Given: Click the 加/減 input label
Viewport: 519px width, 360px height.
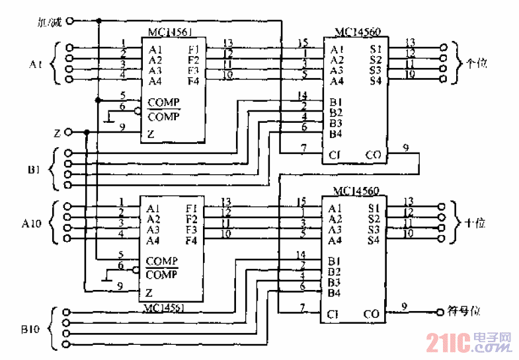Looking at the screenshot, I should tap(49, 22).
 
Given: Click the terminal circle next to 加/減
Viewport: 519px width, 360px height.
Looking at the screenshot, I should tap(69, 22).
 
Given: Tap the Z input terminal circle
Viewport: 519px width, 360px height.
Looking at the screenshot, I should tap(68, 133).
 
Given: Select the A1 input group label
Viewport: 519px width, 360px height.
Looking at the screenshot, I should tap(36, 65).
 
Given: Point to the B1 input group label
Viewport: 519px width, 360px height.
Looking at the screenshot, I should tap(36, 170).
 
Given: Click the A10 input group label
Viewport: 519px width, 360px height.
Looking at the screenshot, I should tap(33, 223).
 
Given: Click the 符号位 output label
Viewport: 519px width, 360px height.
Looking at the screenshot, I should tap(462, 310).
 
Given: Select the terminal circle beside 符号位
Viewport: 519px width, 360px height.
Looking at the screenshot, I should tap(438, 310).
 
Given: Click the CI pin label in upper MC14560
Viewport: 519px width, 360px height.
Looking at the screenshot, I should tap(335, 155).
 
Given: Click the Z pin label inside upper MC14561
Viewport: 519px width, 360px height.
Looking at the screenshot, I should tap(151, 134).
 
